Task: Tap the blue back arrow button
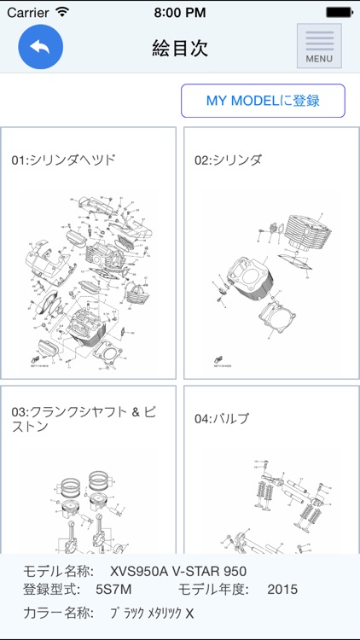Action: pyautogui.click(x=40, y=47)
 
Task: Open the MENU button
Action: pyautogui.click(x=319, y=46)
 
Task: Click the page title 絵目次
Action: pyautogui.click(x=180, y=48)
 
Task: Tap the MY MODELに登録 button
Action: pyautogui.click(x=263, y=101)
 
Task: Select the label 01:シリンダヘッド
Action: pyautogui.click(x=64, y=160)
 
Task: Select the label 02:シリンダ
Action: pyautogui.click(x=228, y=160)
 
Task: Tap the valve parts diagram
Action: pyautogui.click(x=273, y=508)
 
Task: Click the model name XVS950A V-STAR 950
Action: pyautogui.click(x=172, y=571)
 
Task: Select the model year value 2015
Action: pyautogui.click(x=282, y=589)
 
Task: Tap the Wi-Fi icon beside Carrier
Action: pyautogui.click(x=62, y=12)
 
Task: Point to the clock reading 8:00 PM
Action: pyautogui.click(x=180, y=12)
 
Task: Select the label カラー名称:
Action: pyautogui.click(x=57, y=613)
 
